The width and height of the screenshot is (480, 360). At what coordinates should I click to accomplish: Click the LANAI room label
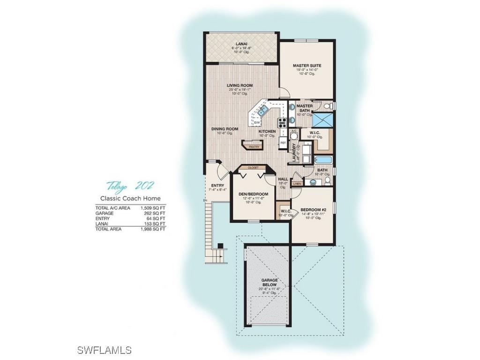click(x=241, y=44)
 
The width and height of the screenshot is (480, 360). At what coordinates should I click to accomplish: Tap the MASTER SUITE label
click(x=307, y=66)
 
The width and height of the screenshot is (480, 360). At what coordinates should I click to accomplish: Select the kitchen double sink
click(x=262, y=112)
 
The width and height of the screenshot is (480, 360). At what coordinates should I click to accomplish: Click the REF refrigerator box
click(x=283, y=142)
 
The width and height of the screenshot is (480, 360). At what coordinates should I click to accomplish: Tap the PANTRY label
click(x=255, y=147)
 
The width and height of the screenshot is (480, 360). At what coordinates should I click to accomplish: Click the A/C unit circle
click(x=294, y=136)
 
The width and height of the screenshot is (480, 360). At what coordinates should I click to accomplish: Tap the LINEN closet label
click(x=297, y=184)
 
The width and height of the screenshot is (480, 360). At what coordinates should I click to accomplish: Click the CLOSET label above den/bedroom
click(x=253, y=167)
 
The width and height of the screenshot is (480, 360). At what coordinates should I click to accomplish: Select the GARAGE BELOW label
click(x=270, y=282)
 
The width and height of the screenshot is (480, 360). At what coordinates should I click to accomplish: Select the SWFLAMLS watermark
click(x=105, y=350)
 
